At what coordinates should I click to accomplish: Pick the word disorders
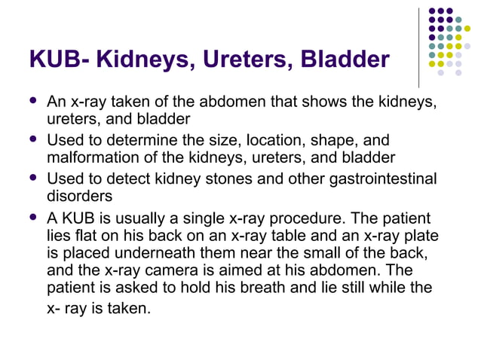point(78,195)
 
